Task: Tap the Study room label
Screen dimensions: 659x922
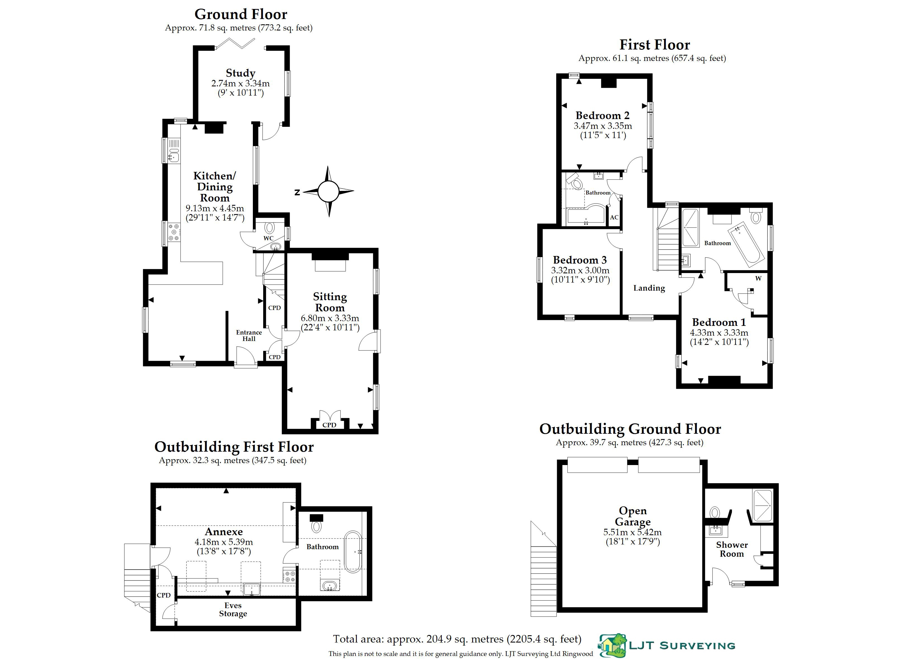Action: tap(241, 73)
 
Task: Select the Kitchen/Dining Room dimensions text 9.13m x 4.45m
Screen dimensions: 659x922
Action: tap(215, 208)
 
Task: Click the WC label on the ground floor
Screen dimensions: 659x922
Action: tap(268, 238)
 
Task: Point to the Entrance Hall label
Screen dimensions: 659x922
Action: tap(249, 336)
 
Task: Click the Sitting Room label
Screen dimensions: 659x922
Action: tap(330, 302)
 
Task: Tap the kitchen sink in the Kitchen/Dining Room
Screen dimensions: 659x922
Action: tap(174, 156)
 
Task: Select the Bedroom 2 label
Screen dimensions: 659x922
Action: tap(602, 116)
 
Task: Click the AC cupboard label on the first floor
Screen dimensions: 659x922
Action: tap(614, 217)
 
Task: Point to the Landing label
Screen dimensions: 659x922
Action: tap(649, 288)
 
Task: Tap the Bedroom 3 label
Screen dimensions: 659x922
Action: tap(580, 260)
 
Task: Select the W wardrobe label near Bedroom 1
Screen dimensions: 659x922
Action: tap(758, 278)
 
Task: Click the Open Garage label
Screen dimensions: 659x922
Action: tap(633, 516)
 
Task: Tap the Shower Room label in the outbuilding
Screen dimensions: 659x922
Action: tap(732, 549)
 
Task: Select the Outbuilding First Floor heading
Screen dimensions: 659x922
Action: tap(234, 447)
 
